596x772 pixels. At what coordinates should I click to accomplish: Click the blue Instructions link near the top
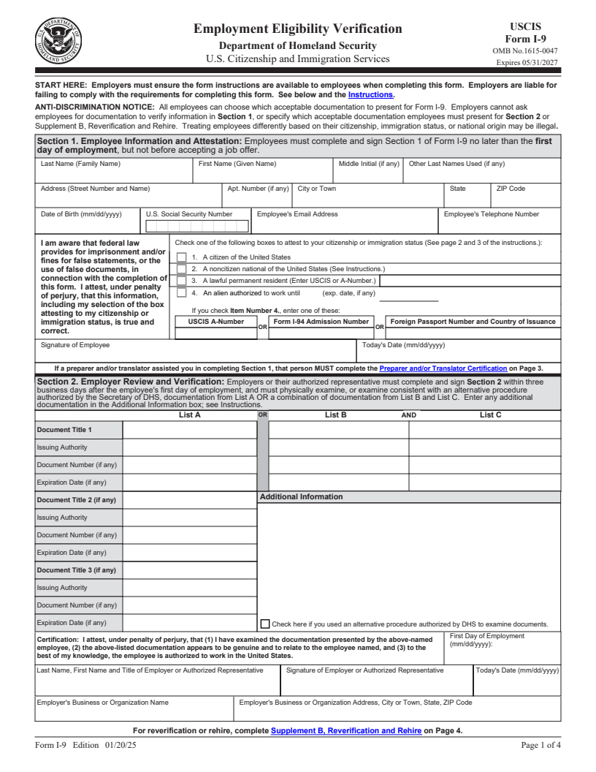point(371,95)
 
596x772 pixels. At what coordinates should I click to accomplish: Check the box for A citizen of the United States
point(182,257)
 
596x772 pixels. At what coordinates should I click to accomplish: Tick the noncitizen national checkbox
point(182,269)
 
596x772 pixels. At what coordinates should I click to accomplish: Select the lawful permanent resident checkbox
point(182,281)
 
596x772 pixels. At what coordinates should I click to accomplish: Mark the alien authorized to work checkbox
point(182,293)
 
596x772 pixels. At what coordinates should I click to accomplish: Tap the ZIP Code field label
point(511,189)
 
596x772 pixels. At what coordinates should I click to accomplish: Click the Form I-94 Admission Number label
point(321,322)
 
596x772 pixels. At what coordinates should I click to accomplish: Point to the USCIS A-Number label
point(216,322)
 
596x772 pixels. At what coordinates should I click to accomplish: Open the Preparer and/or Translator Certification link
point(443,368)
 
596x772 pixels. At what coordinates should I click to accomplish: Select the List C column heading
point(490,415)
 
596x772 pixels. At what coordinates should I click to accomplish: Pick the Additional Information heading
point(301,497)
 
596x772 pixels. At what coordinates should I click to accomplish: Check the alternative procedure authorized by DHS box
point(265,624)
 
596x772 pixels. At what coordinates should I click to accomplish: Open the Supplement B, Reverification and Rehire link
point(345,730)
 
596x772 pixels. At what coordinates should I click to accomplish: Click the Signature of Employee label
point(75,345)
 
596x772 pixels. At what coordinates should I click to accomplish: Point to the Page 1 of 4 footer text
point(540,746)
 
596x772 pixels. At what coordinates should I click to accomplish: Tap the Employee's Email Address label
point(297,214)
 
